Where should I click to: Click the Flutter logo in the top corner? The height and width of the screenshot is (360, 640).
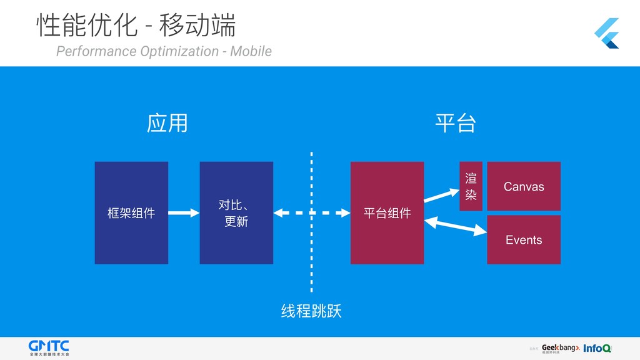click(x=606, y=33)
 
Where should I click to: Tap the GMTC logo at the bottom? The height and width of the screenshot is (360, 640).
click(x=49, y=347)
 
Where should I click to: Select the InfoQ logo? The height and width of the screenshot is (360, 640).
click(x=597, y=348)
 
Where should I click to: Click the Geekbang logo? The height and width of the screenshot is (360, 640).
click(x=560, y=348)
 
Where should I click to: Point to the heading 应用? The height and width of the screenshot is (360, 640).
click(x=167, y=123)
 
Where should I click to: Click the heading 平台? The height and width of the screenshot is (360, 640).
click(x=455, y=123)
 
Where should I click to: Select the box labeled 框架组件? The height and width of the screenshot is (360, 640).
click(x=131, y=213)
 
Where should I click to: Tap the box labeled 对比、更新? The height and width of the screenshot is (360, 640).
click(x=236, y=213)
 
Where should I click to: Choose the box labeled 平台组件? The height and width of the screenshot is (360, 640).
click(x=387, y=213)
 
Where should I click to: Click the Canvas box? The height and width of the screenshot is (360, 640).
click(x=524, y=186)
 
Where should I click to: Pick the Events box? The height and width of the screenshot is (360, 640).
click(x=524, y=240)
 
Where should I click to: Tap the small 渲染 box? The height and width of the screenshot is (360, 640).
click(x=471, y=186)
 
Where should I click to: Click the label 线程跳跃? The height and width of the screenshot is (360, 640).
click(x=311, y=311)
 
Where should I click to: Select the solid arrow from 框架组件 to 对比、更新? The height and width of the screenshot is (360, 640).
click(x=184, y=213)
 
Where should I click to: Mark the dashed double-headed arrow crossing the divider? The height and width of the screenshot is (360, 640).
click(x=311, y=213)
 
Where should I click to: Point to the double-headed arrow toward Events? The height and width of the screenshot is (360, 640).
click(x=456, y=226)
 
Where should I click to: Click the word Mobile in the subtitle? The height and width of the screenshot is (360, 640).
click(x=251, y=51)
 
